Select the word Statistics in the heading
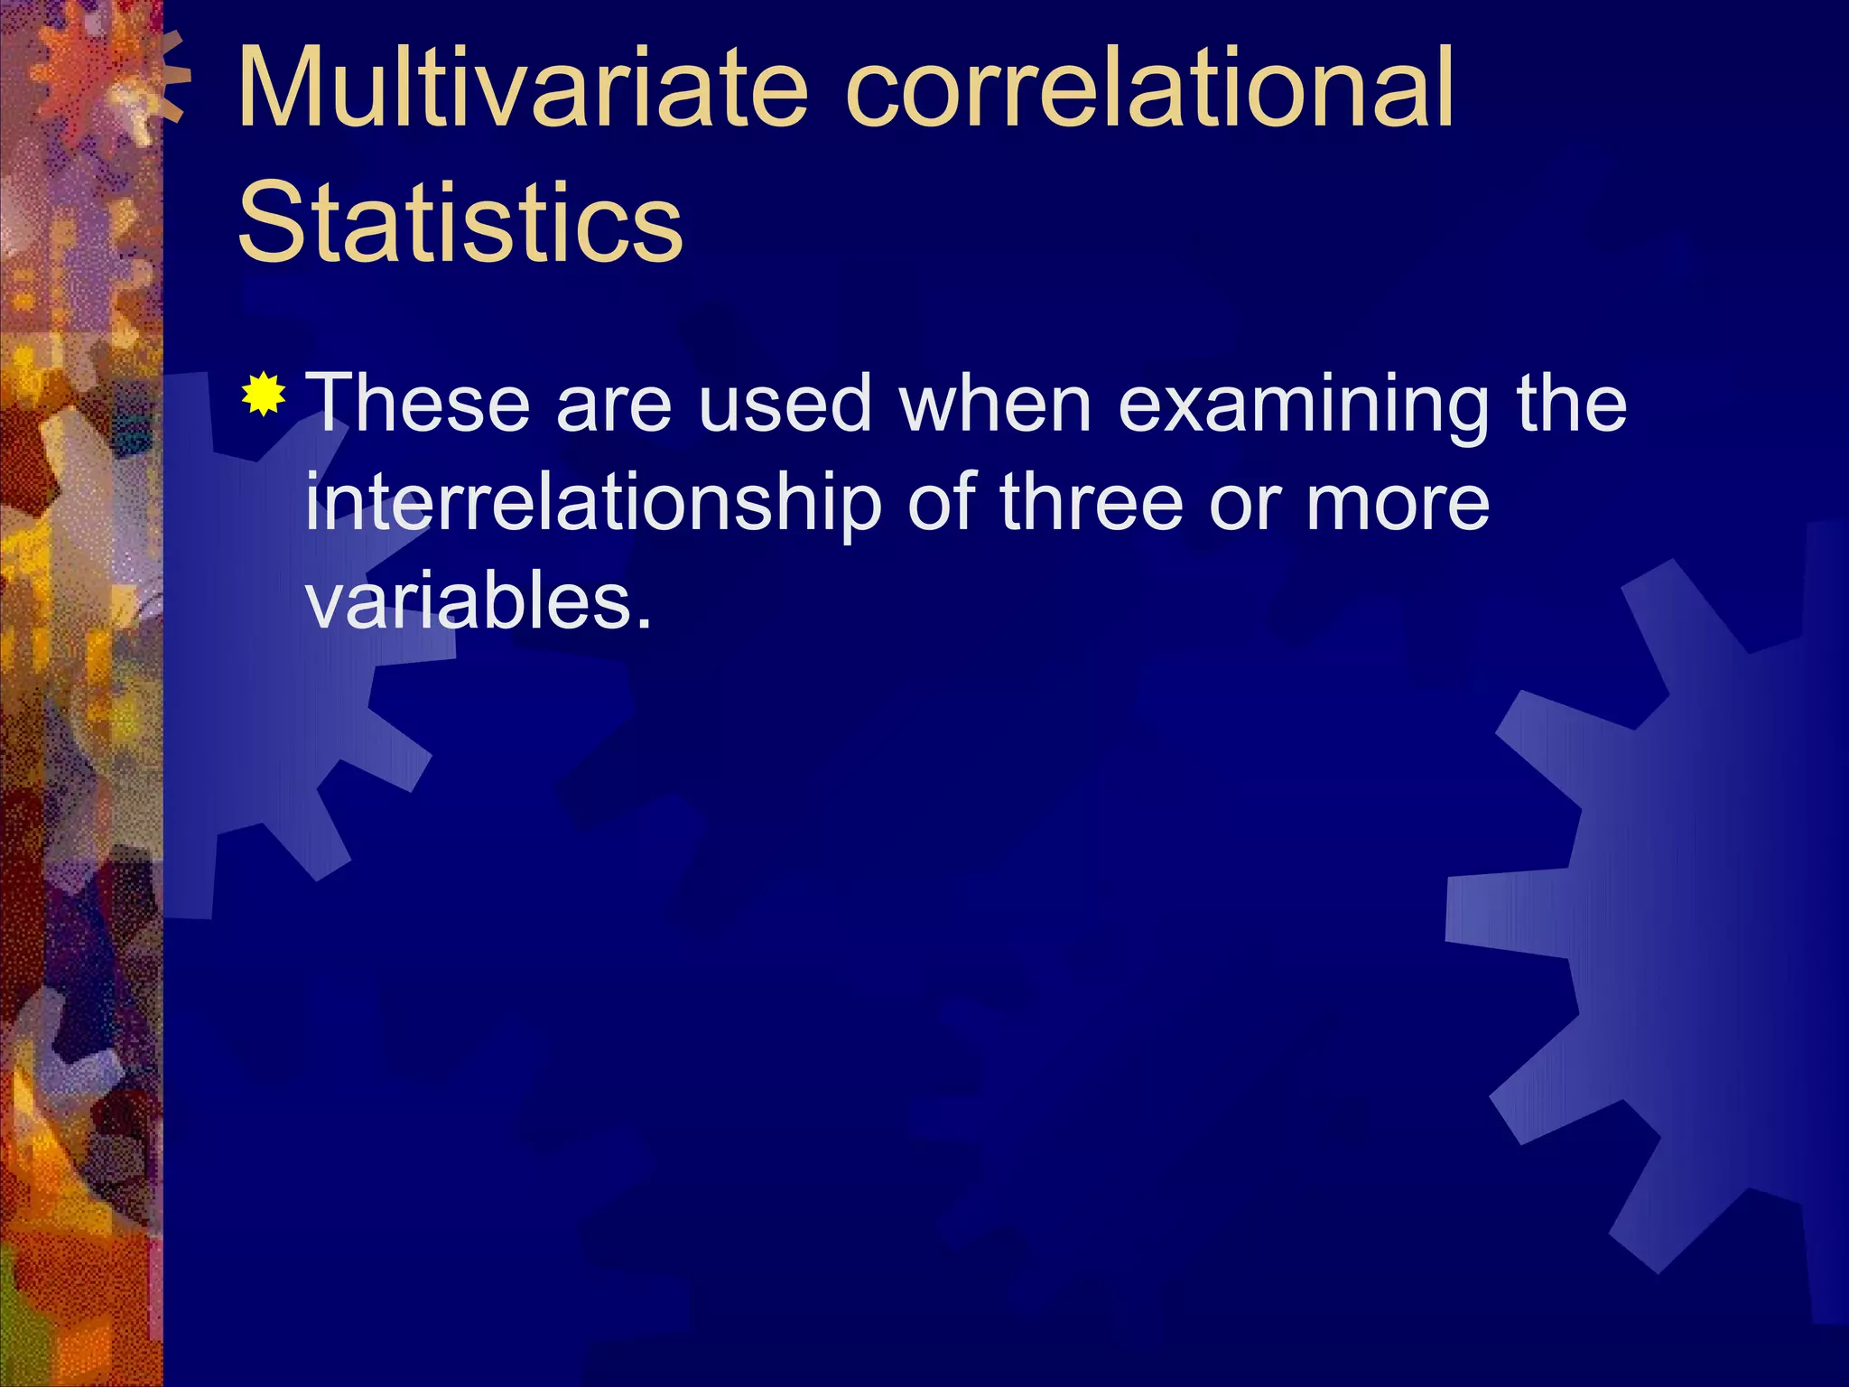click(x=460, y=222)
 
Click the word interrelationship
click(x=592, y=504)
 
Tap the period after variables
click(x=643, y=623)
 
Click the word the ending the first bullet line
click(x=1571, y=404)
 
